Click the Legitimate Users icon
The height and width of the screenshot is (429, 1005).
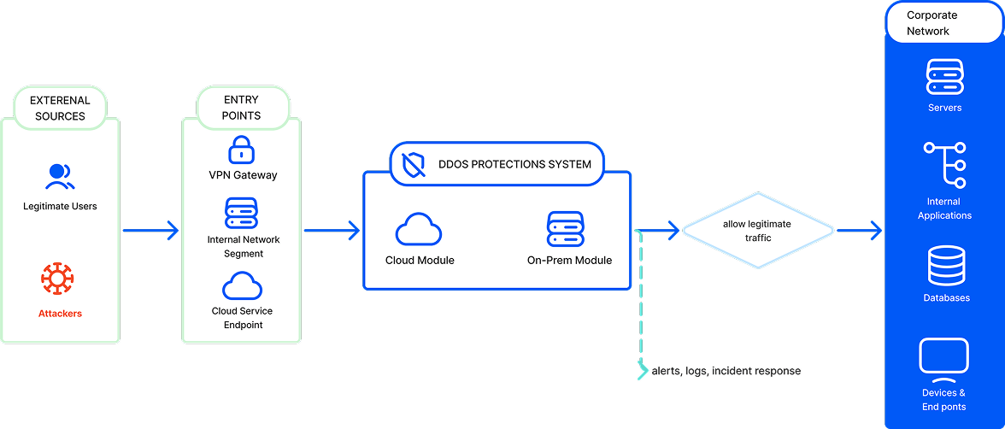[x=60, y=177]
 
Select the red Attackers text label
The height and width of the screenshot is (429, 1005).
[x=60, y=314]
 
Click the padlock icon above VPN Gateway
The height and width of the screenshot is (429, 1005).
[x=243, y=150]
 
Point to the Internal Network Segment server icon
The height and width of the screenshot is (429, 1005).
[x=243, y=213]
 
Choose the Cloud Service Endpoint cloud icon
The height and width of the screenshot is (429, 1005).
[x=243, y=285]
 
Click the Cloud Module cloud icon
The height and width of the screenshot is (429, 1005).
[x=419, y=230]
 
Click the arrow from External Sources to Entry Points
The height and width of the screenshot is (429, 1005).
[x=150, y=230]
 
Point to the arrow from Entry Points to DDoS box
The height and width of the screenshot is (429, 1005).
[x=332, y=230]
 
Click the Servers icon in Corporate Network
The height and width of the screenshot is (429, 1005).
[x=944, y=77]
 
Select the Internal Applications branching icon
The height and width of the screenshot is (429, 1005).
[x=944, y=165]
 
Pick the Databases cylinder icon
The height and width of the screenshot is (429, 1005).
[x=946, y=267]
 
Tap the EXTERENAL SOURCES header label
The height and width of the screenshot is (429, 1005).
[x=60, y=108]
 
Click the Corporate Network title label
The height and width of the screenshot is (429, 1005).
[x=931, y=23]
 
